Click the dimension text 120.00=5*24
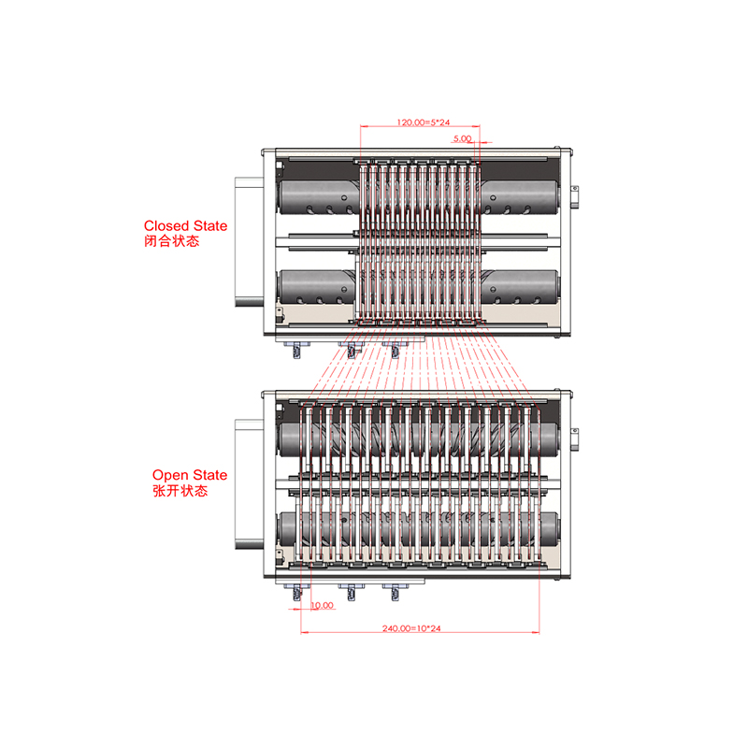424,122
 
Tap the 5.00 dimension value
462,138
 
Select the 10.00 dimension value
322,605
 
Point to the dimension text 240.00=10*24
411,628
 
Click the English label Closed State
185,225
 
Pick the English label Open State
190,475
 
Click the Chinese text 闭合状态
172,241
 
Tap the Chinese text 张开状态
180,490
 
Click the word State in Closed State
210,225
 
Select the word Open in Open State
169,475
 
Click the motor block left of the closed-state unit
249,242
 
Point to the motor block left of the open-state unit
249,484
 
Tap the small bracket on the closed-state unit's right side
575,197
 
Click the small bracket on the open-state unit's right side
575,439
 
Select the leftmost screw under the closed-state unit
296,350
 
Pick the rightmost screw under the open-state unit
395,592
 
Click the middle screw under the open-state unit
352,592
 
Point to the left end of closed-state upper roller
281,197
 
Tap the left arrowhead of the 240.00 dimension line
301,633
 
